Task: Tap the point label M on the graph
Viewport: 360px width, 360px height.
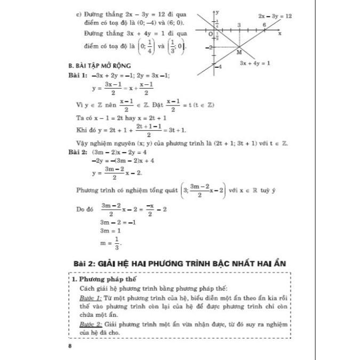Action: pos(238,53)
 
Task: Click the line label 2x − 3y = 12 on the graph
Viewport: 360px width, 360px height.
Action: pos(275,17)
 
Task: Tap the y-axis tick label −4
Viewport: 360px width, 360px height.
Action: pos(218,66)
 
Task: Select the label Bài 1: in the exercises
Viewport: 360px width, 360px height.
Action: pos(79,75)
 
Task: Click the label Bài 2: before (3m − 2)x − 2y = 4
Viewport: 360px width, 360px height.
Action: pos(79,151)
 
